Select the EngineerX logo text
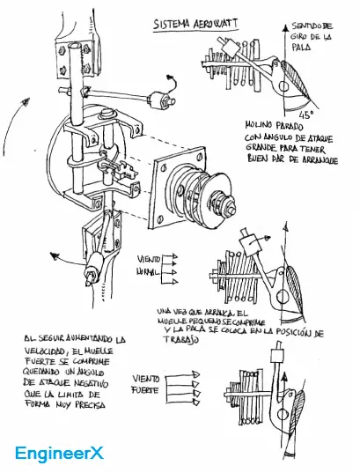tap(59, 454)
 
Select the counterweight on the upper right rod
tap(160, 97)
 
